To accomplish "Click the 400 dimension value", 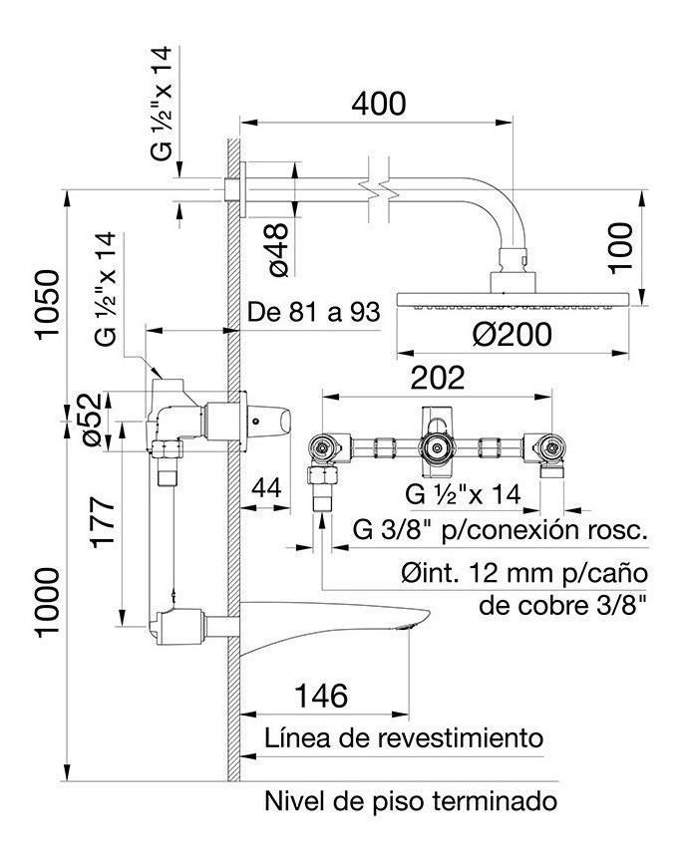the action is click(379, 104).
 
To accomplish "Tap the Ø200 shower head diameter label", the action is click(513, 334).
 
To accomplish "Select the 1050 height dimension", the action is click(48, 304).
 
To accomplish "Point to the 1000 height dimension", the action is click(48, 602).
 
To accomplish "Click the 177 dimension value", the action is click(104, 521).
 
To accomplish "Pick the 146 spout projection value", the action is click(322, 696).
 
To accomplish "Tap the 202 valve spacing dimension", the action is click(438, 378).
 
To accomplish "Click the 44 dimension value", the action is click(266, 487).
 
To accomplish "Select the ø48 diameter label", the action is click(278, 249).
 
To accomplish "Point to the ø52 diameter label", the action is click(90, 420).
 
